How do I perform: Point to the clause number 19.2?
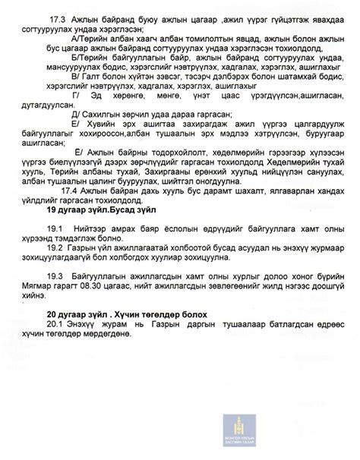(x=55, y=269)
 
